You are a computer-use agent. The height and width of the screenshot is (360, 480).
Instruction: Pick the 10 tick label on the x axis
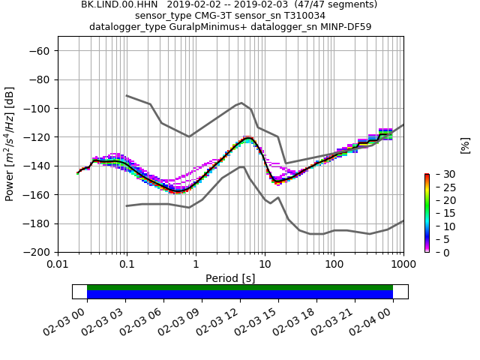[265, 265]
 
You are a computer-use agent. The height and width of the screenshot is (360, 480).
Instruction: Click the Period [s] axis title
[230, 278]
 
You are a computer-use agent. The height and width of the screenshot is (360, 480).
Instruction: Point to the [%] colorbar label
[465, 145]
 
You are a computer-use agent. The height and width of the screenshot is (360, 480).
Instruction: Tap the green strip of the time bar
[240, 287]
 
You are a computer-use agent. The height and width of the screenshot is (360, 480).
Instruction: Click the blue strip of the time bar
[240, 295]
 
